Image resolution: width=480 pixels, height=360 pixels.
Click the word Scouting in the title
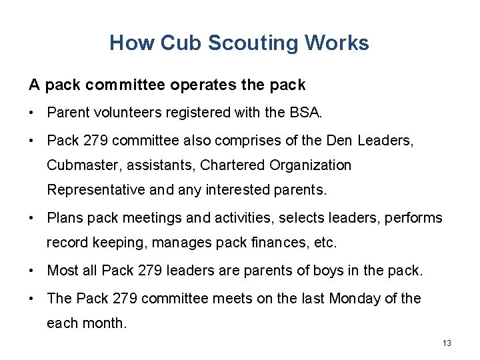click(x=253, y=43)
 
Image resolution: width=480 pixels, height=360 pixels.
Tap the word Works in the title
click(x=337, y=43)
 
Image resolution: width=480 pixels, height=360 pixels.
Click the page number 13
click(x=447, y=343)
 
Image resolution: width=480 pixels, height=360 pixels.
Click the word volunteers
click(x=118, y=113)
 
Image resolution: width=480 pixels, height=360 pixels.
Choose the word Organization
click(x=311, y=165)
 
